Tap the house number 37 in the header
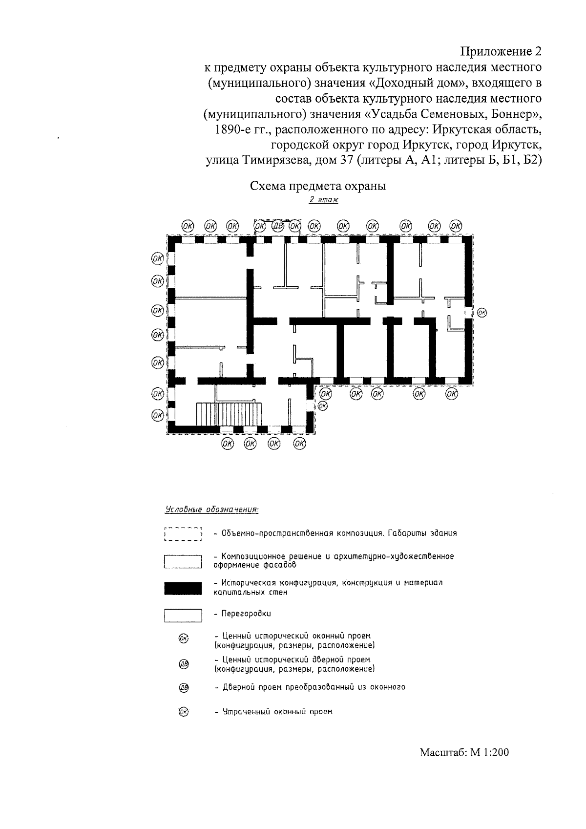point(344,161)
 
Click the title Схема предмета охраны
point(318,186)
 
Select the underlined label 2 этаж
point(323,200)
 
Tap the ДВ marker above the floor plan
point(277,226)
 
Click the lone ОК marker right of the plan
point(482,312)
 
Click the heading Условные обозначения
point(211,510)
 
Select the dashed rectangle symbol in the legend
point(183,534)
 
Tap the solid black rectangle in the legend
point(183,588)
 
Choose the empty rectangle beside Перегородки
point(183,615)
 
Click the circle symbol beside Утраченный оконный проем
point(183,712)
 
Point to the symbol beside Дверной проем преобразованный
point(183,688)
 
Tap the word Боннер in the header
point(515,115)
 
